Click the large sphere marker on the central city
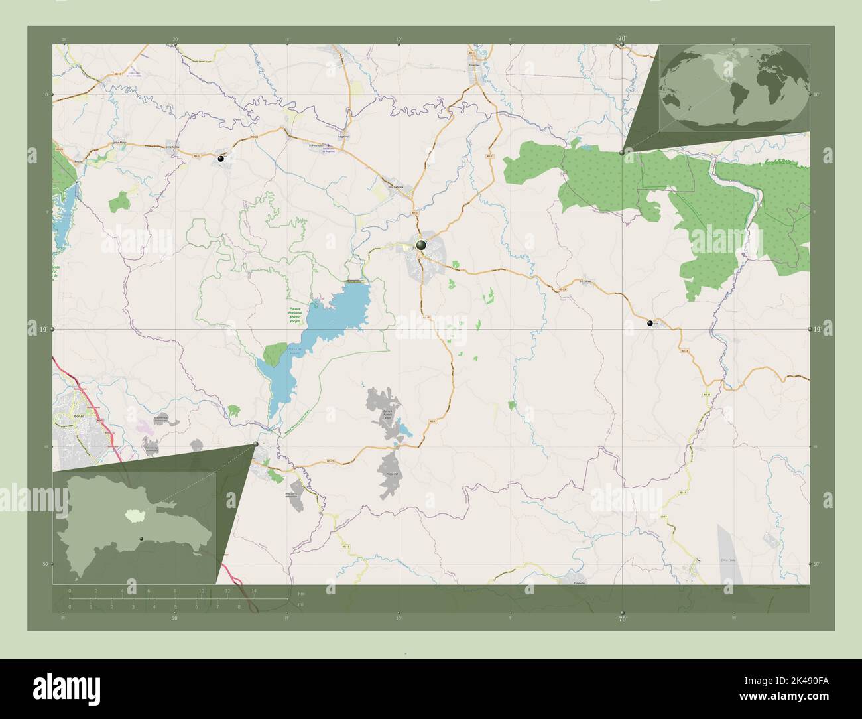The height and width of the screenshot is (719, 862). point(420,245)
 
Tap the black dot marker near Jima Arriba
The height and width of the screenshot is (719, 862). point(221,159)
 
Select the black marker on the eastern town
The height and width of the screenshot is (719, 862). point(650,323)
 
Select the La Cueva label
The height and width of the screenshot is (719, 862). point(585,281)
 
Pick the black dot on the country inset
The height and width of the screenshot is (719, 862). point(141,538)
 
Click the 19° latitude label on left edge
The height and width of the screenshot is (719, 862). point(42,329)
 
